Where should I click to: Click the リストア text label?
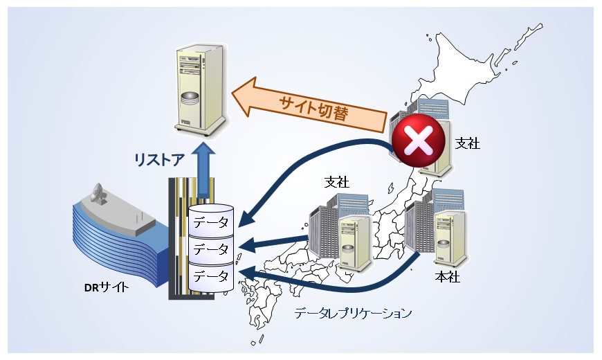pyautogui.click(x=159, y=161)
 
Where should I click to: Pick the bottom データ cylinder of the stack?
pyautogui.click(x=210, y=276)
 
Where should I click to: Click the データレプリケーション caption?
pyautogui.click(x=353, y=313)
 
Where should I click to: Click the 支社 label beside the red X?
pyautogui.click(x=468, y=143)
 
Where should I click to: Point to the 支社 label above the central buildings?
pyautogui.click(x=337, y=182)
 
